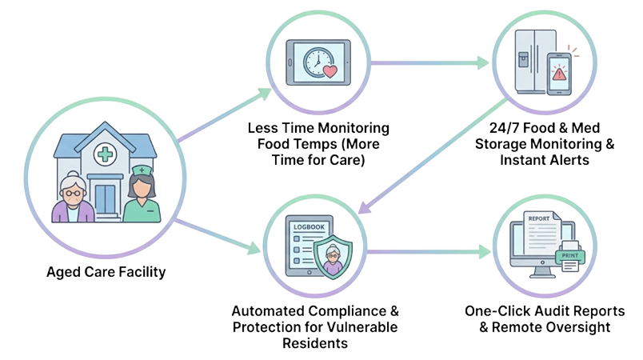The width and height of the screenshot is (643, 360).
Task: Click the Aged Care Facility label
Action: [x=106, y=273]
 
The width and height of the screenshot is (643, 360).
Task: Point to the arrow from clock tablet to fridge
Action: [x=428, y=62]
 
